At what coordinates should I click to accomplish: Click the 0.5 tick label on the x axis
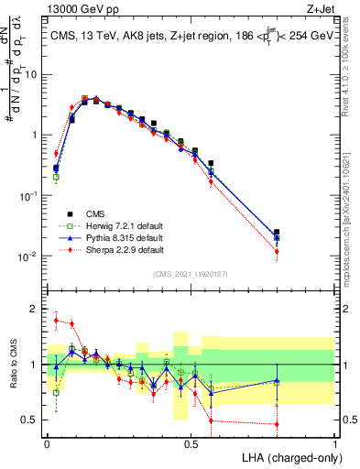[191, 443]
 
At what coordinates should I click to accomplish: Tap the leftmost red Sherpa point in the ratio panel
[56, 321]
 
